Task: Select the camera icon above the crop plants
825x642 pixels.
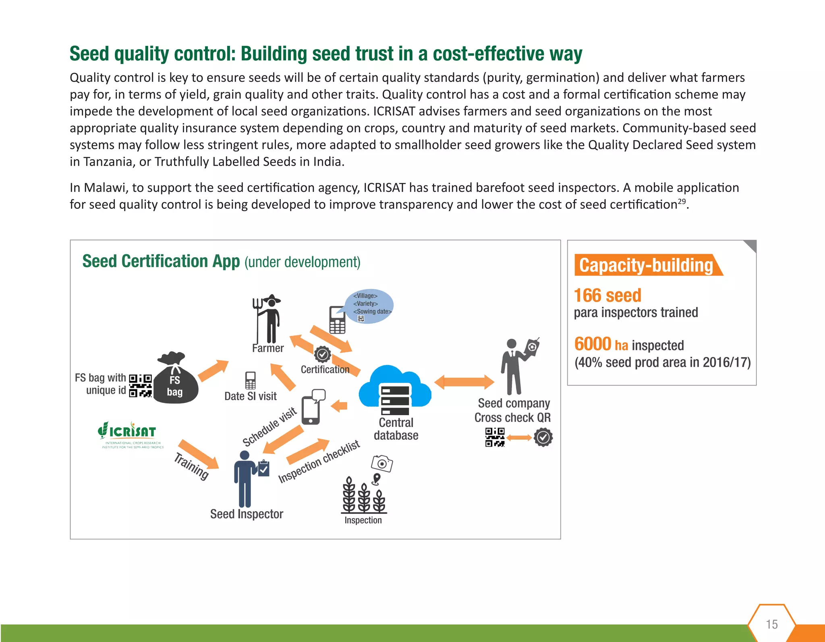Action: tap(382, 463)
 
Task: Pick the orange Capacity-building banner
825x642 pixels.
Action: tap(646, 265)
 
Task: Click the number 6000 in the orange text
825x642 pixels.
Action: tap(593, 344)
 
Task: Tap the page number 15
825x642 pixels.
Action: tap(771, 624)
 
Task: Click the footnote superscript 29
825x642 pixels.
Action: tap(681, 201)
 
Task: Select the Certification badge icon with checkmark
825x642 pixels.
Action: tap(322, 355)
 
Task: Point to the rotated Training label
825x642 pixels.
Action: tap(192, 467)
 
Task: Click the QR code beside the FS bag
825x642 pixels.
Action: tap(140, 386)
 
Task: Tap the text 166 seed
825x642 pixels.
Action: tap(607, 296)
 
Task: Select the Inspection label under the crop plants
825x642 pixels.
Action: tap(363, 520)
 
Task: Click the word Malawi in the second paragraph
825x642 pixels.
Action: tap(105, 188)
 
